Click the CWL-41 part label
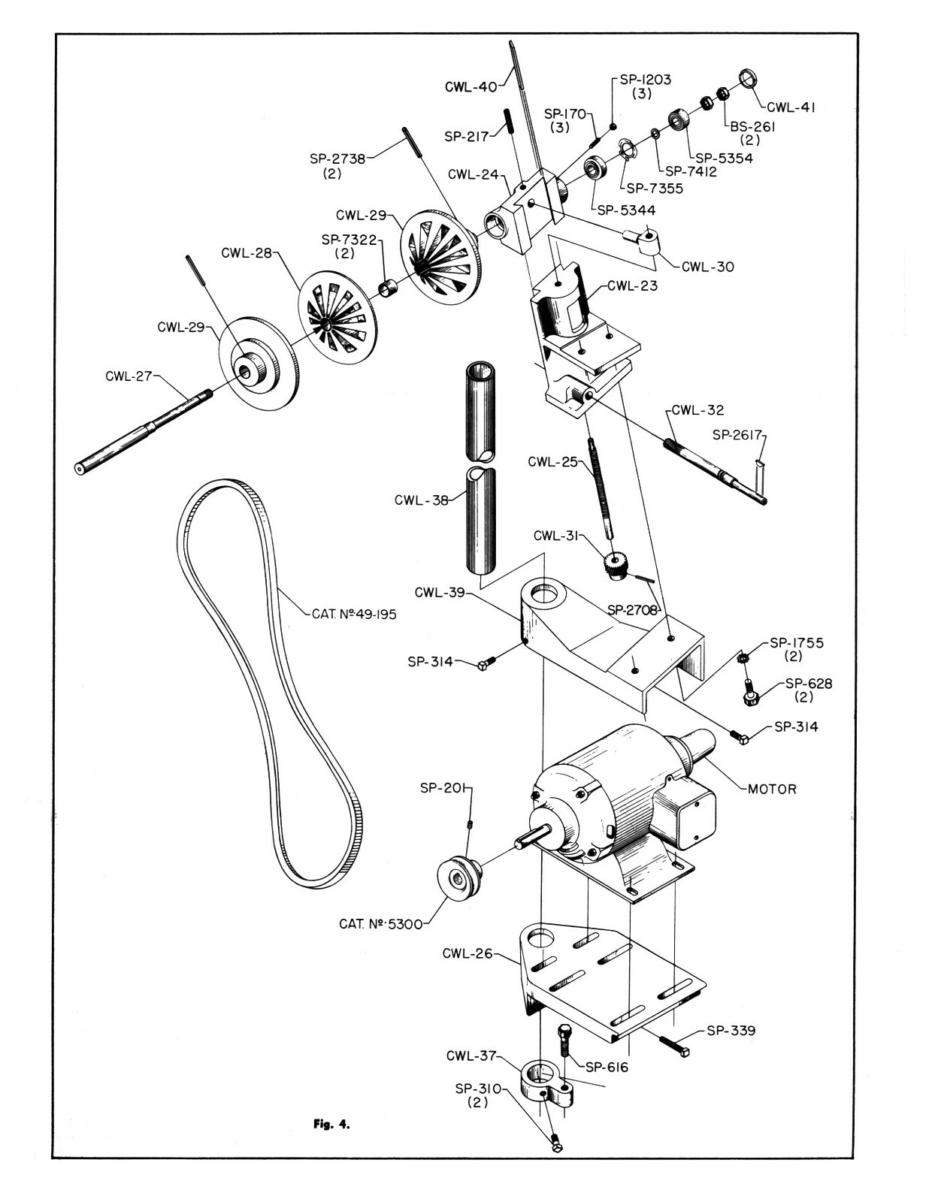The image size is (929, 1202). tap(791, 107)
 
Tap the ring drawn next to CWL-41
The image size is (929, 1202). tap(747, 77)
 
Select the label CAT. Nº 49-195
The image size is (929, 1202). tap(353, 614)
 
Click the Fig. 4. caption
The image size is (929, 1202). tap(331, 1125)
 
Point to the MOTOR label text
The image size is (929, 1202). tap(772, 790)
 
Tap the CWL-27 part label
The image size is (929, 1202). tap(129, 376)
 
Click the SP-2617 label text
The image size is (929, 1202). tap(737, 434)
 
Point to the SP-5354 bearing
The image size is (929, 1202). tap(679, 120)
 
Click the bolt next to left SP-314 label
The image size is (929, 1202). tap(486, 664)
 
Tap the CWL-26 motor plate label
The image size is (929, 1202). tap(467, 954)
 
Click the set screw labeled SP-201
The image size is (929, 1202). tap(470, 824)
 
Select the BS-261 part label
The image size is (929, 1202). tap(752, 127)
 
